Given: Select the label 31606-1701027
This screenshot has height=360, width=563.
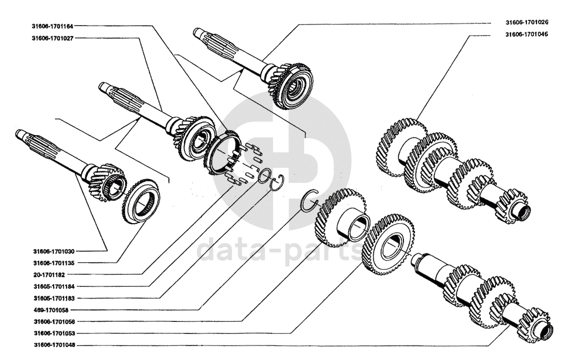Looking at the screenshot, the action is [x=52, y=38].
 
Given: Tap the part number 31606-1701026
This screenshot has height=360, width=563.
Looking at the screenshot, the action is [x=526, y=23].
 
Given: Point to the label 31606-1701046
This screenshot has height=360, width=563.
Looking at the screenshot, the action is [x=526, y=35].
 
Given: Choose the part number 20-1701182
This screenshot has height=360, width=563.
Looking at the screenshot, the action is [x=48, y=275].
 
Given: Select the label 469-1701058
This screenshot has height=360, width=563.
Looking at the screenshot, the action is [x=50, y=310].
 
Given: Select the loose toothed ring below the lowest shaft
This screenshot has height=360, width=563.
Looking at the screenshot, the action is [x=142, y=202].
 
